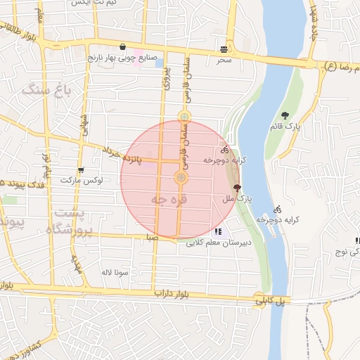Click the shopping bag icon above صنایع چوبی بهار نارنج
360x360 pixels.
pyautogui.click(x=124, y=47)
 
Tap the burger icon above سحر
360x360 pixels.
pyautogui.click(x=224, y=49)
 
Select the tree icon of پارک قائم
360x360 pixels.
pyautogui.click(x=285, y=115)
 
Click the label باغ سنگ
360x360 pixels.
pyautogui.click(x=47, y=89)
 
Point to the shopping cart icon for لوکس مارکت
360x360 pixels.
pyautogui.click(x=82, y=169)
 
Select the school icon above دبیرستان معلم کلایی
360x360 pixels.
pyautogui.click(x=219, y=231)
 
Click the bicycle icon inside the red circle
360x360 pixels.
pyautogui.click(x=224, y=149)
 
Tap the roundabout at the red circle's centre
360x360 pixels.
pyautogui.click(x=181, y=179)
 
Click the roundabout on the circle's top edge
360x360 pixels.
pyautogui.click(x=184, y=117)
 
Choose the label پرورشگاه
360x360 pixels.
pyautogui.click(x=70, y=230)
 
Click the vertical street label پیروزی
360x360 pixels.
pyautogui.click(x=167, y=84)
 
